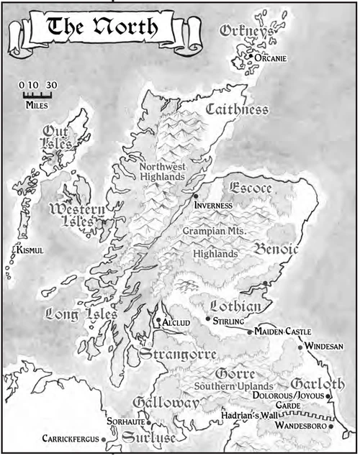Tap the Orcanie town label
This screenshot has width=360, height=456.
pyautogui.click(x=272, y=58)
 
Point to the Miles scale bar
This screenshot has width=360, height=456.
pyautogui.click(x=37, y=94)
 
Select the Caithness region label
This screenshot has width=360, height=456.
pyautogui.click(x=237, y=110)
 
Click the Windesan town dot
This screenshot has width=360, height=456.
pyautogui.click(x=301, y=347)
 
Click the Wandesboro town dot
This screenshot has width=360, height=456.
pyautogui.click(x=331, y=427)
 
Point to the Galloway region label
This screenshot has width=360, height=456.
pyautogui.click(x=165, y=405)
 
